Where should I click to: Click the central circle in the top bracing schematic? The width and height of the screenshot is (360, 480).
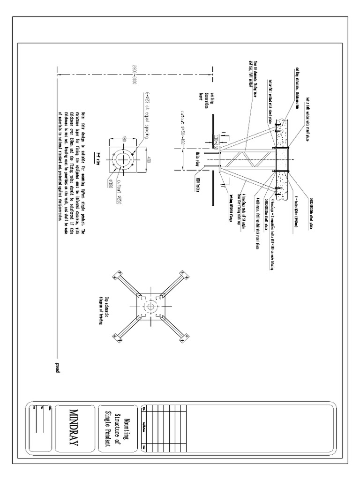pos(151,307)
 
